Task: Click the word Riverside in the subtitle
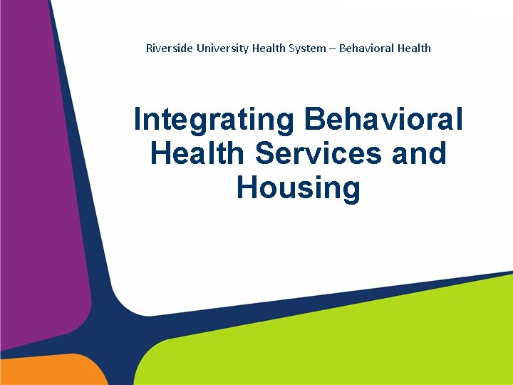click(165, 48)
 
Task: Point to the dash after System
click(333, 48)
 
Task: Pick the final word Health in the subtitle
click(415, 48)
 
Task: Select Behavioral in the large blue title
click(383, 120)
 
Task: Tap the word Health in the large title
click(198, 153)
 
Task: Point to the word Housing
click(299, 188)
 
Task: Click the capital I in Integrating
click(138, 120)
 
